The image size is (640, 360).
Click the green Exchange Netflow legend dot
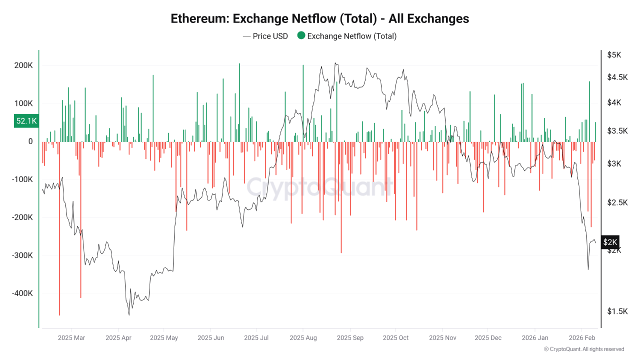(x=301, y=35)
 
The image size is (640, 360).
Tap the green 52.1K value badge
(x=26, y=121)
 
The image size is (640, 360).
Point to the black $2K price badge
(x=610, y=242)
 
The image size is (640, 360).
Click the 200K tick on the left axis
(x=23, y=66)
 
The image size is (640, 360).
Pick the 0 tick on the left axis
(x=30, y=141)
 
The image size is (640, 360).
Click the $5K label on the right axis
(x=614, y=55)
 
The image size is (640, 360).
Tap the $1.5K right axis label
(x=616, y=311)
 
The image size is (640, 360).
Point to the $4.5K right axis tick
(x=616, y=77)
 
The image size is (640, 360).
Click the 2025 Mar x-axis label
(x=71, y=338)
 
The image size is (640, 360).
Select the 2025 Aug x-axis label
(x=303, y=338)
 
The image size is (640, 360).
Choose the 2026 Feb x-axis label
(x=582, y=338)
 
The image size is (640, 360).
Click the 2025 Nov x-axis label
(x=443, y=338)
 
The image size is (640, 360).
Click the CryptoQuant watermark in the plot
(x=320, y=187)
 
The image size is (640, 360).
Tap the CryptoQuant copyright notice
(x=584, y=349)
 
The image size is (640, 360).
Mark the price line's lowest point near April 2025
(x=129, y=314)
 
